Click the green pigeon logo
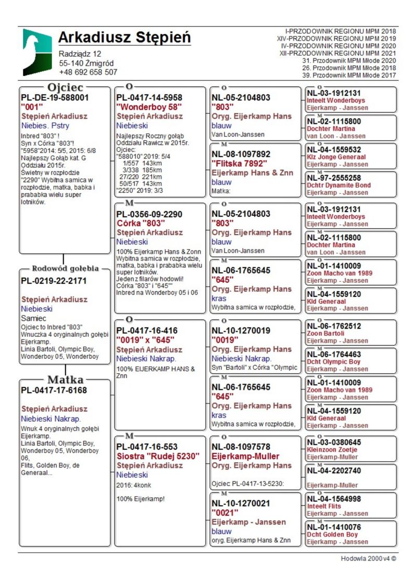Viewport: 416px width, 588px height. click(x=37, y=53)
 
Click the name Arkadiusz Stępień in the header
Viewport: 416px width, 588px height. click(x=124, y=38)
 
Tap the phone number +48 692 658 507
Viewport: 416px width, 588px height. click(x=88, y=72)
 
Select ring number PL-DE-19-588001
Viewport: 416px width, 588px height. click(x=55, y=97)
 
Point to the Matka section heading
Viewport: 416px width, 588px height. click(x=65, y=380)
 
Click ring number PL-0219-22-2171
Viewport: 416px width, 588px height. click(x=54, y=281)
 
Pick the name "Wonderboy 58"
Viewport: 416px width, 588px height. click(x=149, y=107)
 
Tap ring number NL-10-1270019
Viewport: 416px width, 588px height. click(x=241, y=330)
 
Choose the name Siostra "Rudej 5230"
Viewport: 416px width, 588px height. click(x=158, y=456)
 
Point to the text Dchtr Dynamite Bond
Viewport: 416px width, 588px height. click(x=339, y=185)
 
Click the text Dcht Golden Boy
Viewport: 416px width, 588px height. click(x=332, y=534)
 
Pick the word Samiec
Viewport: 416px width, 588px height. click(x=34, y=318)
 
